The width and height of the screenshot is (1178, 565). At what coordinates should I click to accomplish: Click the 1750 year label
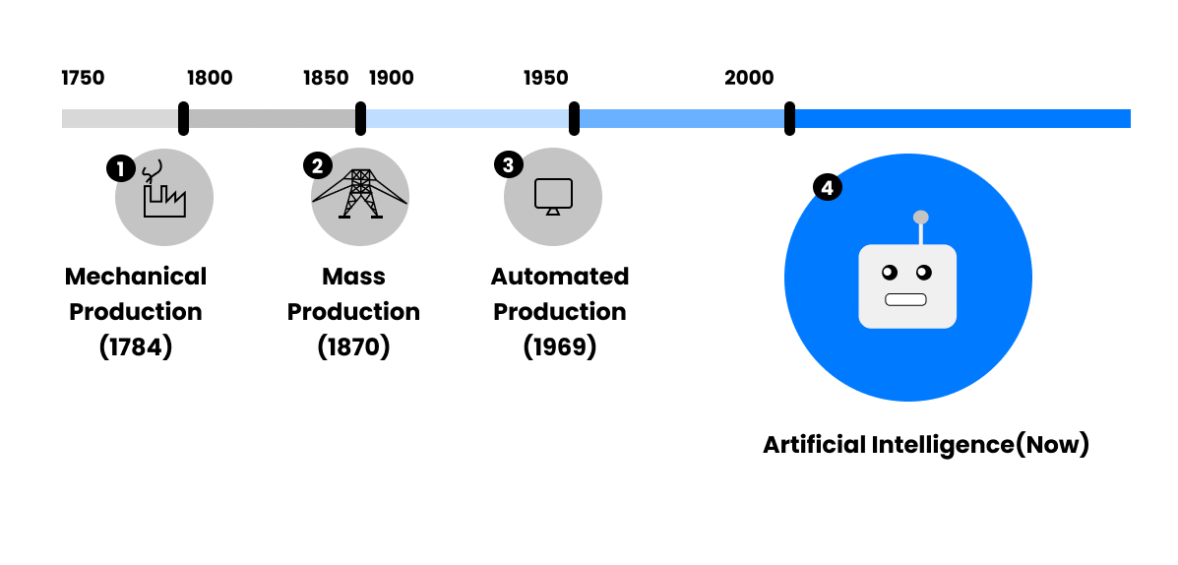tap(83, 78)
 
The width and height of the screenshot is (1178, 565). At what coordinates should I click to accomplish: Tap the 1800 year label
tap(210, 78)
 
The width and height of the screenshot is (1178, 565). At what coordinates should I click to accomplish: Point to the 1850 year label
tap(326, 78)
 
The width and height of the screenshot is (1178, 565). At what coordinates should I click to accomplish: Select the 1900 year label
tap(392, 78)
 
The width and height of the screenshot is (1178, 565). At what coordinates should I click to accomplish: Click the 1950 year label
tap(546, 78)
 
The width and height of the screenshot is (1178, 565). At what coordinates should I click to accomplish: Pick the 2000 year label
tap(749, 78)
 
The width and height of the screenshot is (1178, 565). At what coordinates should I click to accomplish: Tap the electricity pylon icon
tap(360, 194)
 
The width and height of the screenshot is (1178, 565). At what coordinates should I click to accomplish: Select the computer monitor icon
tap(553, 197)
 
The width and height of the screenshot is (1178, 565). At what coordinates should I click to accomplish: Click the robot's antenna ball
tap(920, 218)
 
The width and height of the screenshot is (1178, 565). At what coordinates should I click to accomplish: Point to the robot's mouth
tap(905, 300)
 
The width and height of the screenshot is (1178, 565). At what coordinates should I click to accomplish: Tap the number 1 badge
tap(120, 168)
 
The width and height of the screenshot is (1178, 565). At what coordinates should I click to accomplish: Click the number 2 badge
tap(317, 165)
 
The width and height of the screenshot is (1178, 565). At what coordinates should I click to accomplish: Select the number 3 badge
tap(509, 164)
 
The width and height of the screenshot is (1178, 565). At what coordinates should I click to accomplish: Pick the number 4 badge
tap(827, 188)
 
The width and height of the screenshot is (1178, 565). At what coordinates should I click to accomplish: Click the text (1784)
tap(136, 347)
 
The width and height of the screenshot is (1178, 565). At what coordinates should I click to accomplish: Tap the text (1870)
tap(354, 347)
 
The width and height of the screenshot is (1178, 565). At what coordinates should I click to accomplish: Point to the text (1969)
tap(560, 347)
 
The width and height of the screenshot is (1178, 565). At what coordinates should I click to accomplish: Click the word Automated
tap(560, 277)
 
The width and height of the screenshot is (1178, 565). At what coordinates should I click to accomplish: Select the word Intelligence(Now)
tap(980, 445)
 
